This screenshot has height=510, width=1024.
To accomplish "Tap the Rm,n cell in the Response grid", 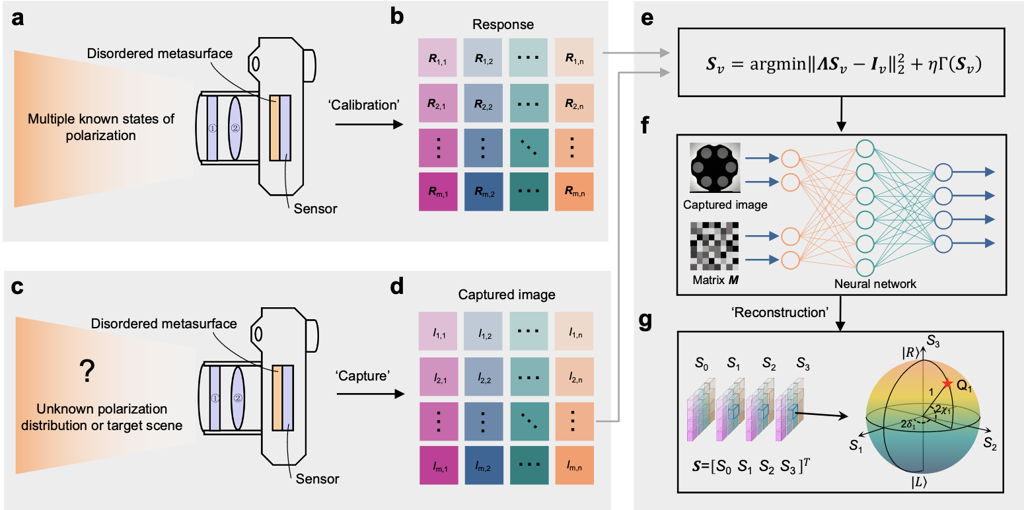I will pyautogui.click(x=574, y=192).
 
